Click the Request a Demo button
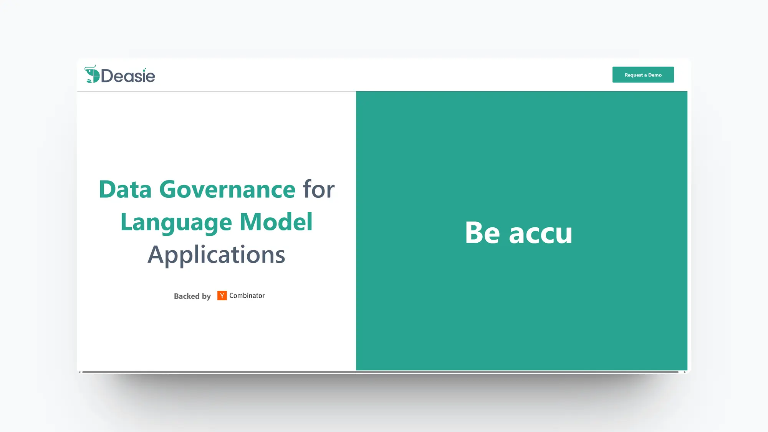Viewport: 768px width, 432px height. click(x=643, y=74)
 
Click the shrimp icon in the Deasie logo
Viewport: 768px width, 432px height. click(x=92, y=74)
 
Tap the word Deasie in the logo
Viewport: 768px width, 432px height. click(x=128, y=76)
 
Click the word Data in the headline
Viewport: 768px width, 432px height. click(x=125, y=189)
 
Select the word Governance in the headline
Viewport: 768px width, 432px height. click(x=227, y=189)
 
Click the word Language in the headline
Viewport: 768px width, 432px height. click(x=176, y=222)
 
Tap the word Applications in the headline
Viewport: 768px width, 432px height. click(x=217, y=255)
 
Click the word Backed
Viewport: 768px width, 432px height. click(x=187, y=296)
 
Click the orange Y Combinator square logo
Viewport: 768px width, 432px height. click(x=222, y=295)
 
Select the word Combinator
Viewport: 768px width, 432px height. click(x=247, y=295)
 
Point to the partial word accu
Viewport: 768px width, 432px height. click(x=541, y=234)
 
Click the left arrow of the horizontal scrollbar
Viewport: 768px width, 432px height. click(x=79, y=372)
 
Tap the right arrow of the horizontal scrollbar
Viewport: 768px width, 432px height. click(x=685, y=372)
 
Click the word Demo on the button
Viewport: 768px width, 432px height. click(x=655, y=75)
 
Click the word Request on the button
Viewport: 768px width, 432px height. click(x=634, y=75)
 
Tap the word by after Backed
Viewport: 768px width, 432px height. click(x=207, y=296)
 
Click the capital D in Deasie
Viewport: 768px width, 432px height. click(x=107, y=76)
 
